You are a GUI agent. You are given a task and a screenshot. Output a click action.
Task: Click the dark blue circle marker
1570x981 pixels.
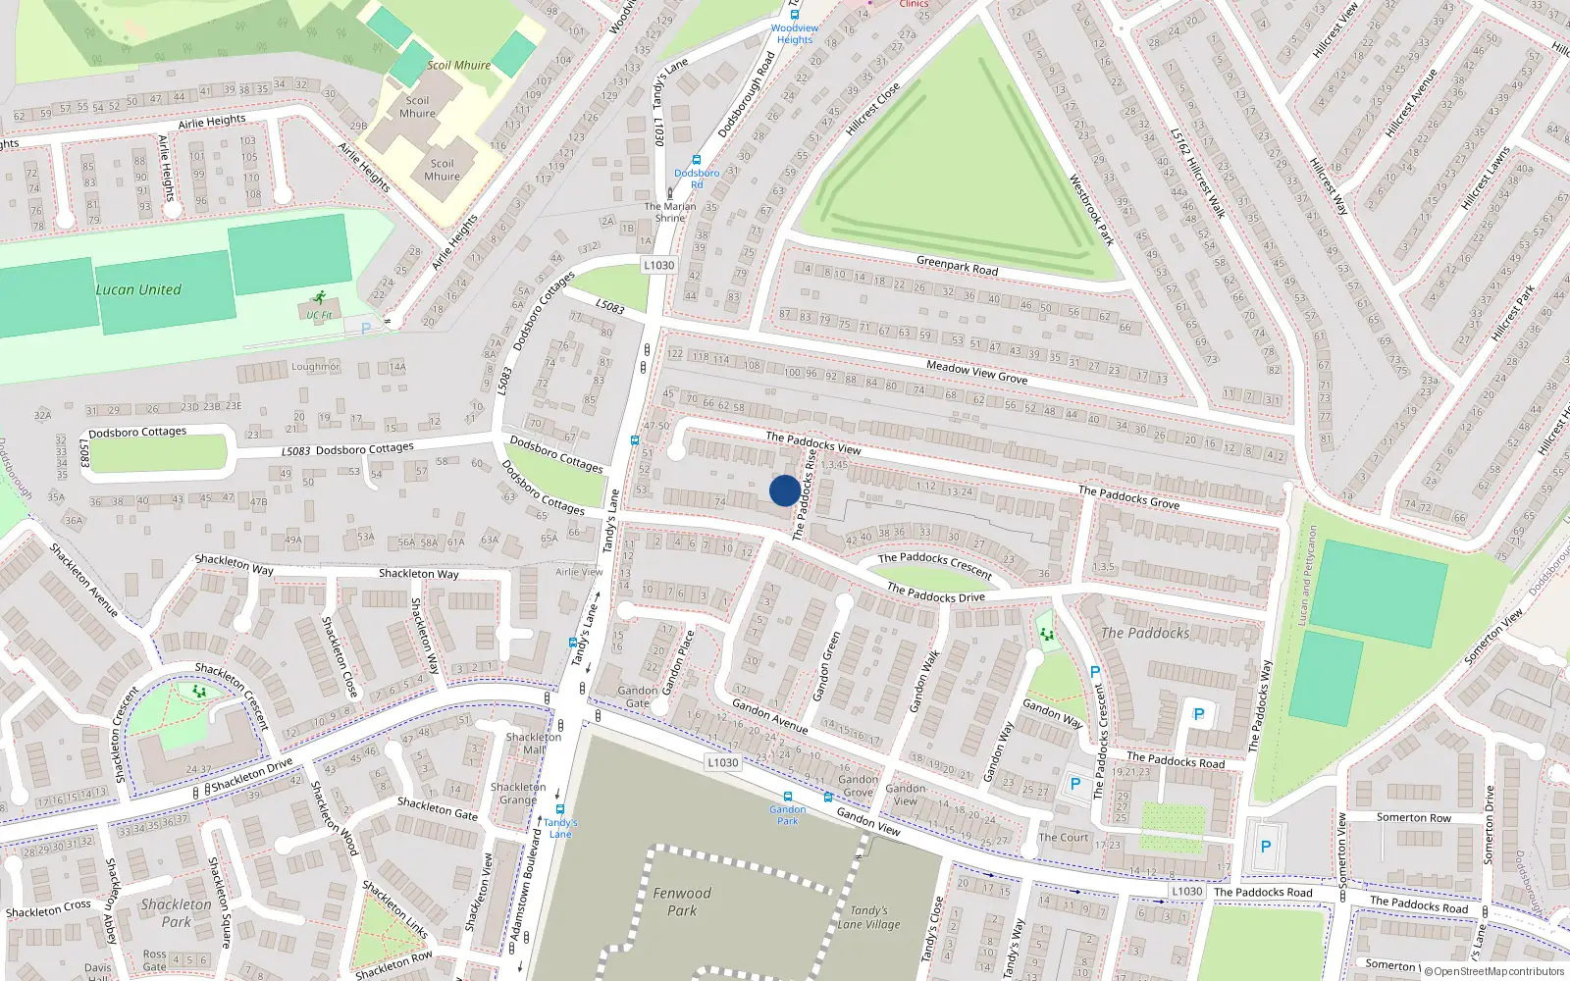click(x=784, y=490)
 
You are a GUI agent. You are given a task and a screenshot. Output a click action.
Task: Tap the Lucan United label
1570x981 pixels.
click(x=138, y=290)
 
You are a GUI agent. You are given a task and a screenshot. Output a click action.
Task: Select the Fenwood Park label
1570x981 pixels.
click(x=682, y=902)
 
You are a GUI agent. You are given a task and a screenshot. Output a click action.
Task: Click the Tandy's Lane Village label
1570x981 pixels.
click(x=868, y=917)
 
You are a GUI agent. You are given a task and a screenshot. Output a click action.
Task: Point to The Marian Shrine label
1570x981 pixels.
click(x=670, y=212)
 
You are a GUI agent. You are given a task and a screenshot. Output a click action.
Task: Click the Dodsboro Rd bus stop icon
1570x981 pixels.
click(x=697, y=160)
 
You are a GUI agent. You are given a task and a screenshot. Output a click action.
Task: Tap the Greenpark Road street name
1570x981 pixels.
click(x=957, y=266)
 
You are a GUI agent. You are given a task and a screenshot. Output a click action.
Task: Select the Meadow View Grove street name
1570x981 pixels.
click(x=977, y=372)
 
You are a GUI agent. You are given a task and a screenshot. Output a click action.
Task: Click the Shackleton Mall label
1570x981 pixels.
click(x=534, y=743)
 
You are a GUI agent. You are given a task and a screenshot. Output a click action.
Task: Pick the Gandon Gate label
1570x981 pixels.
click(x=638, y=697)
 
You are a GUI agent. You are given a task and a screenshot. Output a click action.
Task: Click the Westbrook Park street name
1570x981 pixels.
click(x=1092, y=210)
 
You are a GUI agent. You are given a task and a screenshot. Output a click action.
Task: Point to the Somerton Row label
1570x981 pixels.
click(x=1413, y=817)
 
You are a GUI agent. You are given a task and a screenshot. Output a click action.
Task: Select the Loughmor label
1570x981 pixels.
click(x=315, y=367)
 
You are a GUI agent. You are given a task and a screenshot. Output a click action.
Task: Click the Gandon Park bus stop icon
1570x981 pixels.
click(x=788, y=797)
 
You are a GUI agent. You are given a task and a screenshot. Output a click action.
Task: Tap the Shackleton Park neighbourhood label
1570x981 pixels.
click(x=177, y=912)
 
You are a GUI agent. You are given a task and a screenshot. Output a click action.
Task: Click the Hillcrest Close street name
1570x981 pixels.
click(x=872, y=109)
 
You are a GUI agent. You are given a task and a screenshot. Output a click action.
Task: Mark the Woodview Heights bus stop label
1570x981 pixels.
click(x=795, y=34)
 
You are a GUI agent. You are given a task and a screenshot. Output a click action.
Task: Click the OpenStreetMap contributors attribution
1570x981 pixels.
click(x=1494, y=971)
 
